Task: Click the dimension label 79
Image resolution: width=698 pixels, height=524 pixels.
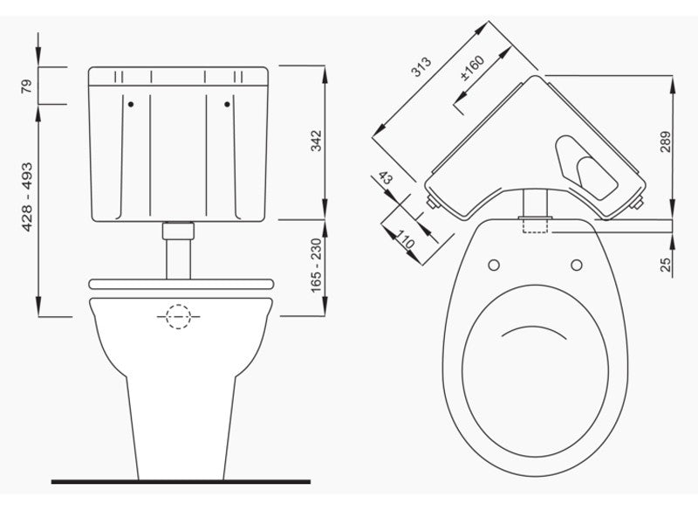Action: [x=27, y=86]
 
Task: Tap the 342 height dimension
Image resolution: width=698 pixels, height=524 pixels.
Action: [x=316, y=141]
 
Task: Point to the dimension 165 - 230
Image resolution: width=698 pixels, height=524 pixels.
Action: [x=316, y=268]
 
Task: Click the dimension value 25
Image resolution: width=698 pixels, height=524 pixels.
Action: [x=666, y=263]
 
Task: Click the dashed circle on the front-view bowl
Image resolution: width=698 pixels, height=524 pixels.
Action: [x=178, y=315]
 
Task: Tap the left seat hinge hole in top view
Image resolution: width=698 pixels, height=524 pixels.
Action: [x=494, y=265]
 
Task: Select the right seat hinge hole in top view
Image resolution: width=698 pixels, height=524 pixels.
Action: [x=577, y=265]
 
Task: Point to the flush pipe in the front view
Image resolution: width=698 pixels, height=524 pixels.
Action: [x=178, y=254]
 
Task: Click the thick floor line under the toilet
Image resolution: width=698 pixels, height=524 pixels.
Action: [x=181, y=481]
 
